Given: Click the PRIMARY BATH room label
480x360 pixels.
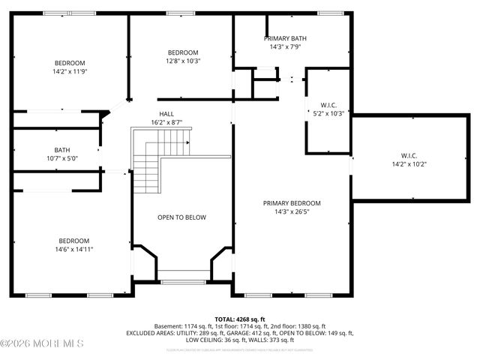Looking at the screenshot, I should (x=285, y=38).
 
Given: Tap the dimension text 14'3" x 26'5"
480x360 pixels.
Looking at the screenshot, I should (x=292, y=211).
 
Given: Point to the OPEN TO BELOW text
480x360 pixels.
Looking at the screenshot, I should (x=181, y=217).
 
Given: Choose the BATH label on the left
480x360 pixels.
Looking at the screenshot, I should (x=61, y=150).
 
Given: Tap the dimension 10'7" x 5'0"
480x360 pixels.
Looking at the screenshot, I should (x=61, y=158).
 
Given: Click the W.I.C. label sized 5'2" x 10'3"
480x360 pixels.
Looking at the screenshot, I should (x=328, y=105).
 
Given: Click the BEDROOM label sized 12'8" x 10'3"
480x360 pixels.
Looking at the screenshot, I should (x=183, y=52).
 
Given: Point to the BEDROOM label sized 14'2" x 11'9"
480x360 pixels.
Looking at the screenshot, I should (x=70, y=63).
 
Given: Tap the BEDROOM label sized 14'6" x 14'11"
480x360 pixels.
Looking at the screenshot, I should (x=73, y=241).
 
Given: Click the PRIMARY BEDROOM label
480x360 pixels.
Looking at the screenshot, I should (x=292, y=203).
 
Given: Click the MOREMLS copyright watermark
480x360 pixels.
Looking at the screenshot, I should (x=42, y=344).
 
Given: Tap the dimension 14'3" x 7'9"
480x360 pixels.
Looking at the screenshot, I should (x=285, y=46).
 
